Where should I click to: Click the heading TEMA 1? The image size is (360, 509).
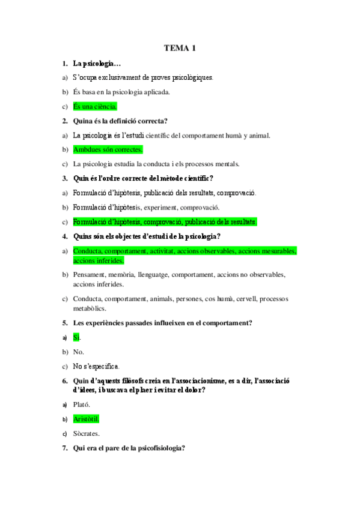point(180,48)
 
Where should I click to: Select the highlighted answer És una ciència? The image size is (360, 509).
point(95,107)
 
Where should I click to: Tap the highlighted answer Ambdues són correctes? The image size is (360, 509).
point(108,149)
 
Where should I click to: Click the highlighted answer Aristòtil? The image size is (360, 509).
point(86,419)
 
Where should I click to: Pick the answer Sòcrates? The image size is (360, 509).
point(87,433)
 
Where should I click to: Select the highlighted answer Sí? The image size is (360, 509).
point(76,338)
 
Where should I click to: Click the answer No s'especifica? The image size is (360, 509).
point(96,366)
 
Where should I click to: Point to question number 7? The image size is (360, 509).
point(64,448)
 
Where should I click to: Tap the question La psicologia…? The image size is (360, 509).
point(97,63)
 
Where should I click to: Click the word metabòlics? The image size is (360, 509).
point(89,309)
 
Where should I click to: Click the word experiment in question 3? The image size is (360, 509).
point(160,207)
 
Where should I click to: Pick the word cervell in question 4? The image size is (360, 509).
point(239,299)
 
